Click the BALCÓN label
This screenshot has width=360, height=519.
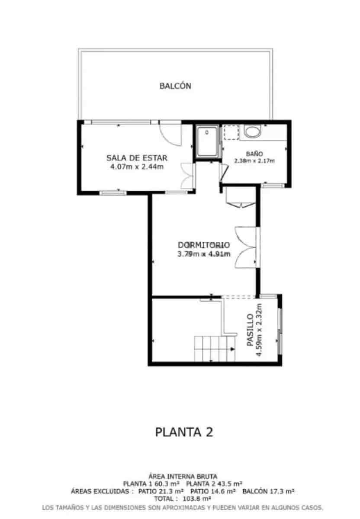pyautogui.click(x=175, y=86)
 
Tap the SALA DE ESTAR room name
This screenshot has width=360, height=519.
pyautogui.click(x=137, y=157)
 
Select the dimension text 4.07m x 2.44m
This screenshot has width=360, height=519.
pyautogui.click(x=137, y=167)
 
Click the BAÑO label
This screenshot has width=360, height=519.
pyautogui.click(x=254, y=154)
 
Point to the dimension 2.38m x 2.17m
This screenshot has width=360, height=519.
pyautogui.click(x=254, y=161)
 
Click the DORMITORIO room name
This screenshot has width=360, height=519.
pyautogui.click(x=203, y=245)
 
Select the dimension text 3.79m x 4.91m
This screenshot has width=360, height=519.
pyautogui.click(x=203, y=254)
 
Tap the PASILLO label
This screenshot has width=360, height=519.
pyautogui.click(x=250, y=330)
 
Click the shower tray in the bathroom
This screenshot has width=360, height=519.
pyautogui.click(x=207, y=142)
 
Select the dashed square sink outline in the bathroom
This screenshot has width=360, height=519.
pyautogui.click(x=231, y=132)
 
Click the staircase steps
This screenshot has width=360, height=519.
pyautogui.click(x=214, y=349)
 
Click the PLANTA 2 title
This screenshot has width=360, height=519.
pyautogui.click(x=184, y=432)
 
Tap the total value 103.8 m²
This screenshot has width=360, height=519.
pyautogui.click(x=194, y=498)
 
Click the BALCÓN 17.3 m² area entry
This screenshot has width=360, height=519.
pyautogui.click(x=268, y=491)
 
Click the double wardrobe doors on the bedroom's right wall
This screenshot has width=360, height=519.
pyautogui.click(x=246, y=247)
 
